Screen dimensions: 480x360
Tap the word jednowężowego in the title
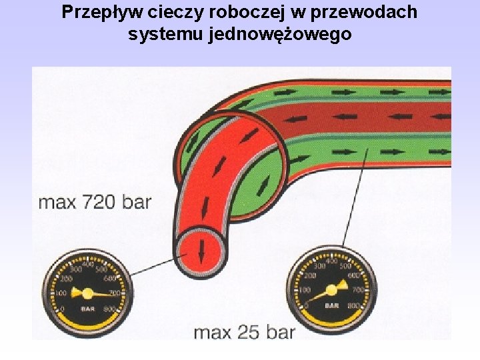click(280, 34)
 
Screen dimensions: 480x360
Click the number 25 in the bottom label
click(247, 331)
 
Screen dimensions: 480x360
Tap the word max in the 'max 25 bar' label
click(213, 331)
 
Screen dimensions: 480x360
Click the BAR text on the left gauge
click(87, 309)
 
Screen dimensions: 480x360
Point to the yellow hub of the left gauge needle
click(87, 293)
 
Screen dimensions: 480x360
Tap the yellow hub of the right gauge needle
click(331, 291)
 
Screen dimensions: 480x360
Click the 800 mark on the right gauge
click(354, 305)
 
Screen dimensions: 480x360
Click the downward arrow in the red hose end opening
click(201, 250)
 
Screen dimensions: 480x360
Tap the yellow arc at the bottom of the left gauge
click(87, 325)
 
